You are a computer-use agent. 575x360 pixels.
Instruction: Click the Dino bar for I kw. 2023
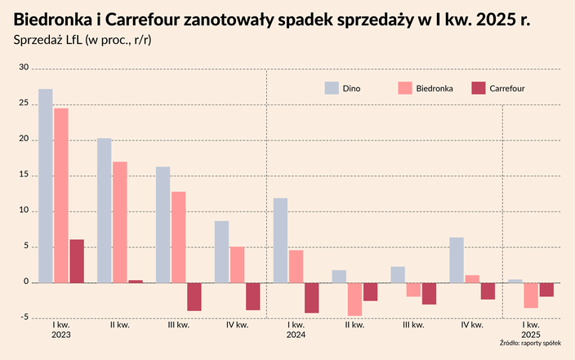tap(46, 186)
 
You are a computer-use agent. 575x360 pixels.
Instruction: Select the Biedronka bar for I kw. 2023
tap(61, 196)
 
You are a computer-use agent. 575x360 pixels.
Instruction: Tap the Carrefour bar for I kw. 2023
tap(77, 261)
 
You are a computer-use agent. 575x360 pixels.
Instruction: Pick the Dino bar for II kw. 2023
tap(105, 211)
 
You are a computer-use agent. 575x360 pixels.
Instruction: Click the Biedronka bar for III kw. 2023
tap(179, 238)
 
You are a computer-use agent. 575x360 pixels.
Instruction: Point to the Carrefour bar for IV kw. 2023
tap(253, 296)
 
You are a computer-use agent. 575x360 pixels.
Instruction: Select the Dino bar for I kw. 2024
tap(281, 241)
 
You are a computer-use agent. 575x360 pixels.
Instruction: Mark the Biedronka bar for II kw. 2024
tap(354, 299)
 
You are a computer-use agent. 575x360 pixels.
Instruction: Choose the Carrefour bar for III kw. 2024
tap(430, 293)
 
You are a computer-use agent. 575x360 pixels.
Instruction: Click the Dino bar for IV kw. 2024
tap(457, 260)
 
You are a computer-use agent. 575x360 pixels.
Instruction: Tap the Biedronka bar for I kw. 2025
tap(531, 296)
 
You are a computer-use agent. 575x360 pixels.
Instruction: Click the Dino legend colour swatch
tap(331, 87)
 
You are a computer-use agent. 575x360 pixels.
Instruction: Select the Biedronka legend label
tap(435, 87)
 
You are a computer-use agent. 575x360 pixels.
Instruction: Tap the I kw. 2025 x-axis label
tap(531, 330)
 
